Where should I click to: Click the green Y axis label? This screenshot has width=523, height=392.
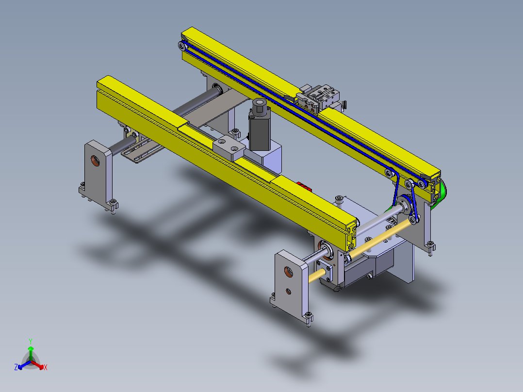(x=31, y=341)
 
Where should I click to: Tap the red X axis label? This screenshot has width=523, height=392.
(x=46, y=367)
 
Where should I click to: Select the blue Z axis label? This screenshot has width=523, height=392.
(x=16, y=367)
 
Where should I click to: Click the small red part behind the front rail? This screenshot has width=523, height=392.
(x=304, y=186)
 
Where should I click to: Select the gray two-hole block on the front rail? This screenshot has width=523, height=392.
(x=229, y=148)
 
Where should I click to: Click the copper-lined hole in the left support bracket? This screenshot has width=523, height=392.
(x=96, y=161)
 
